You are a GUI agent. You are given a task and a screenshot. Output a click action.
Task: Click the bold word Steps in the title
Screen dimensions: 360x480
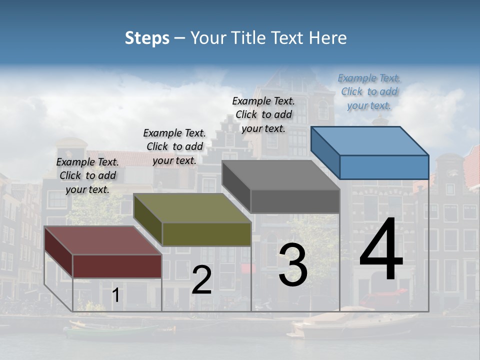147,38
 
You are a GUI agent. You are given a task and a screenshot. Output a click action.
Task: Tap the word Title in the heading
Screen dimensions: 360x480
250,38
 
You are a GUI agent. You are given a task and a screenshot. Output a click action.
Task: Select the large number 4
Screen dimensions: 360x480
381,250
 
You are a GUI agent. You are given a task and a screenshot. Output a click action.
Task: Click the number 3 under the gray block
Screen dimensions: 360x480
293,265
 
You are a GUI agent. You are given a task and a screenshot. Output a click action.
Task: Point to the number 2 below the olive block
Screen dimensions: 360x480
201,280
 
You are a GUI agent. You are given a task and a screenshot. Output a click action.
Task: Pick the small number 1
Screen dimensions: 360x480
115,295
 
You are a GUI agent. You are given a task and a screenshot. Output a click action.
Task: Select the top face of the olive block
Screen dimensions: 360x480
192,208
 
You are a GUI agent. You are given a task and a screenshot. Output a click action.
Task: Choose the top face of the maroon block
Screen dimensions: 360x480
103,240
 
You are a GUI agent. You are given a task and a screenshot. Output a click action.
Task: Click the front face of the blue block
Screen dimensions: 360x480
384,167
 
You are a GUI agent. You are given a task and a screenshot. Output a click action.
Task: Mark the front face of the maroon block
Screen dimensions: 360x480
117,266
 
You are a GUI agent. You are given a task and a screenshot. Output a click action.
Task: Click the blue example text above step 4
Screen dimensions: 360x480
369,92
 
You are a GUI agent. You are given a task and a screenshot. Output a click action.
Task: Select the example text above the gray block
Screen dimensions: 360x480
263,114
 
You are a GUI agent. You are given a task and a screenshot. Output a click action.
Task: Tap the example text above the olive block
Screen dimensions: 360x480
174,147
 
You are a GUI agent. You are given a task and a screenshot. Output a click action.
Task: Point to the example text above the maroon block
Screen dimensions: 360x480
87,176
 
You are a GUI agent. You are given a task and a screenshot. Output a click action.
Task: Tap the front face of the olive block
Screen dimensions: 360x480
206,234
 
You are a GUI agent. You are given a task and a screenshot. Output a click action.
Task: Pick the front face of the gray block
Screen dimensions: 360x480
295,201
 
